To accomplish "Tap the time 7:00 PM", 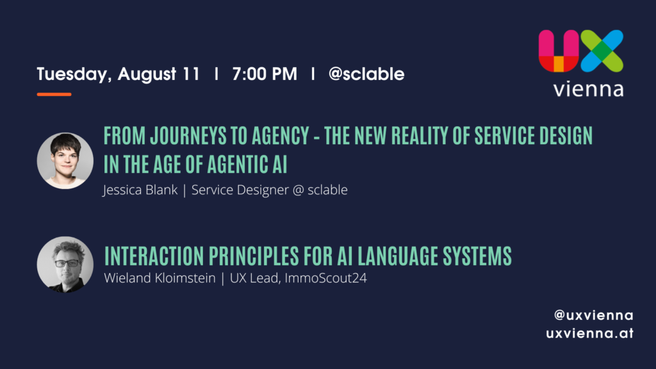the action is coord(265,74).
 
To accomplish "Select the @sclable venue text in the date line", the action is coord(366,74).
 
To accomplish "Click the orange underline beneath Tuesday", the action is coord(54,95).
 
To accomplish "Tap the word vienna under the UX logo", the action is coord(588,89).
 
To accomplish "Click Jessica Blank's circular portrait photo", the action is coord(65,161).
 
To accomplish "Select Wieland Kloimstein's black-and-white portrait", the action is coord(65,265).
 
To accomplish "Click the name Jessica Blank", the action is coord(140,190).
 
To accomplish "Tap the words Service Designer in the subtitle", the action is coord(240,190).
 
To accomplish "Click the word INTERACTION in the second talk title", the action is coord(154,256).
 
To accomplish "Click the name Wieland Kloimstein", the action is coord(160,278).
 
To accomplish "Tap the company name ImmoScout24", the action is coord(326,278).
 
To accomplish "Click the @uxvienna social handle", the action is coord(594,315).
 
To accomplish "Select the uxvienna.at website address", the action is coord(590,333).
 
